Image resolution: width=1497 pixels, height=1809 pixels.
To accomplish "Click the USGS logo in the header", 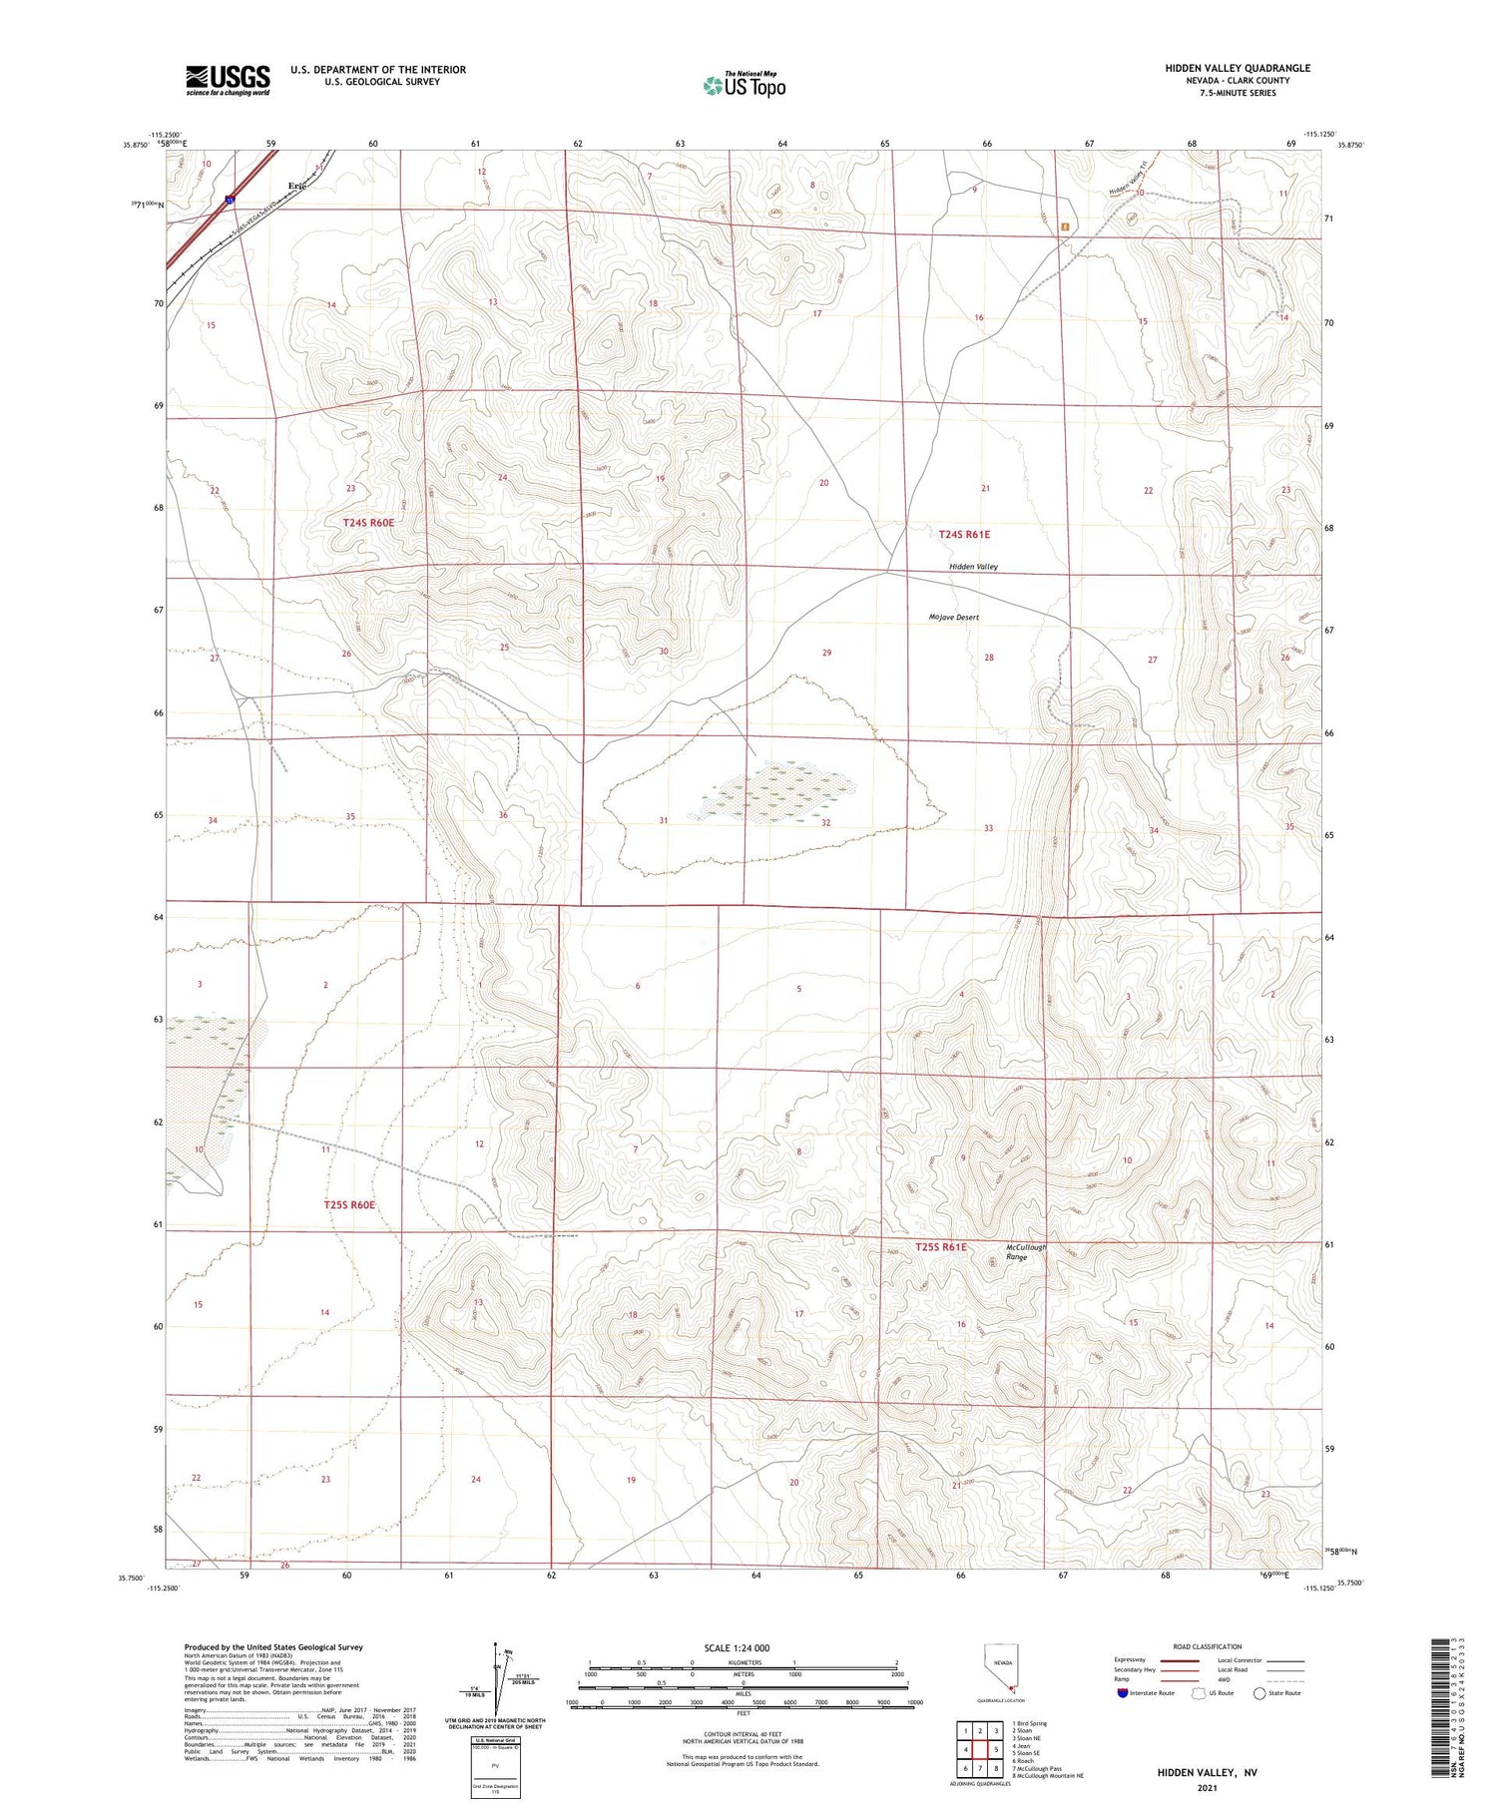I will [x=228, y=79].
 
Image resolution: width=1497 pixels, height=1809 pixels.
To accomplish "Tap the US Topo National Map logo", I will [x=745, y=85].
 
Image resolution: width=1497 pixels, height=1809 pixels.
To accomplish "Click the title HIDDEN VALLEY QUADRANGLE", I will [x=1238, y=68].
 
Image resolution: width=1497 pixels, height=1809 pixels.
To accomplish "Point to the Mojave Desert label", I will [x=953, y=618].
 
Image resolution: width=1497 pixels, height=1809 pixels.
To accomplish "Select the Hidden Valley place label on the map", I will [x=973, y=567].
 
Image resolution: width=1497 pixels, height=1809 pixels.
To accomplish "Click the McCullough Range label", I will [x=1025, y=1252].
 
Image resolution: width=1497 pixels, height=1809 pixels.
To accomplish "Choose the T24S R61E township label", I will [x=964, y=535].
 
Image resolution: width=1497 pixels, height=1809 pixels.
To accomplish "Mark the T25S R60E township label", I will [x=349, y=1205].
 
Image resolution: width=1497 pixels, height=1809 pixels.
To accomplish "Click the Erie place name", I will [x=296, y=186].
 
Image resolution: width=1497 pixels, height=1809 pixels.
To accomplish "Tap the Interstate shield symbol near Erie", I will [x=231, y=200].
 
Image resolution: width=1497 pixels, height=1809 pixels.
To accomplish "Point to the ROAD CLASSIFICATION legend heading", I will [x=1208, y=1646].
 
